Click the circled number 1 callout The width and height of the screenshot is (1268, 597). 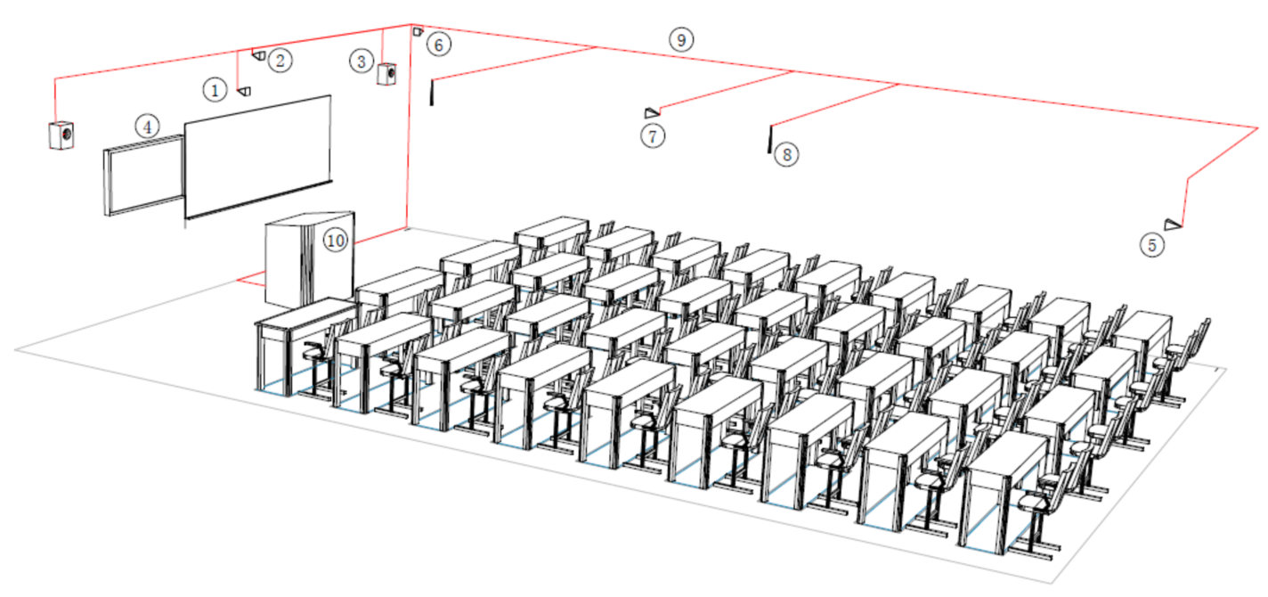click(215, 90)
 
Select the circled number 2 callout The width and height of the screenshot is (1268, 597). click(280, 60)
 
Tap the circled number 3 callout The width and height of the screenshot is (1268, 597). click(362, 61)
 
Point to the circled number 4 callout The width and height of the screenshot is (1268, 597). click(147, 127)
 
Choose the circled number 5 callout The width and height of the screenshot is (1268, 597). click(1152, 245)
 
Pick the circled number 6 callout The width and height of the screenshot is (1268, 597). click(439, 45)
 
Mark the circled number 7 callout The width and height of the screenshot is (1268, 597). click(653, 136)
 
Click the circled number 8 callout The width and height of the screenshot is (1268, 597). click(786, 155)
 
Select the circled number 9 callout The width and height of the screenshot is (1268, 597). click(681, 40)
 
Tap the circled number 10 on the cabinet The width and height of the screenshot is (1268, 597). click(335, 241)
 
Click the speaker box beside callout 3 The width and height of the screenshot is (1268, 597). click(386, 74)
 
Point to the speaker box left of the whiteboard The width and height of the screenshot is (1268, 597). click(61, 135)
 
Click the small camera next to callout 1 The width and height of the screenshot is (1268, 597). click(244, 91)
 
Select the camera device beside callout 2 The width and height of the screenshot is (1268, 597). click(259, 55)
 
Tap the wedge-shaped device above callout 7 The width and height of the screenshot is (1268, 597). click(652, 112)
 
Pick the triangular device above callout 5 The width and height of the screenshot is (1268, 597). click(1173, 225)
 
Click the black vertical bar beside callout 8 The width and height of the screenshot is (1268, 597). click(769, 139)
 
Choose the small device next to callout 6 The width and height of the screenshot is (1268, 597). click(418, 32)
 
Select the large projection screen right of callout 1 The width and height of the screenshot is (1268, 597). click(257, 157)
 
